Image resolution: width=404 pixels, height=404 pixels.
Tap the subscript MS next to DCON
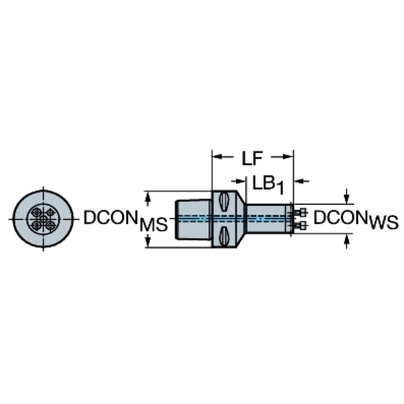point(154,224)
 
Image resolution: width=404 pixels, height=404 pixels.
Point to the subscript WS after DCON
point(383,223)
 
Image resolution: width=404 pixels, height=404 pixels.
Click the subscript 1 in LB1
point(280,188)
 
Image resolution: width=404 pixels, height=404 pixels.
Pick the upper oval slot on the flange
point(224,202)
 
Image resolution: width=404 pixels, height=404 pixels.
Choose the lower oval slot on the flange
point(224,236)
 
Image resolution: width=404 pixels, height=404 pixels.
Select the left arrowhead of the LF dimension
point(216,156)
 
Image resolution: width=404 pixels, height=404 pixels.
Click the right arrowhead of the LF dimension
point(288,156)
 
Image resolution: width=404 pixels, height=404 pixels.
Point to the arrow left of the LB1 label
point(238,181)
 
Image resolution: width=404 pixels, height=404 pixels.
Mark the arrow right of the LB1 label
point(301,181)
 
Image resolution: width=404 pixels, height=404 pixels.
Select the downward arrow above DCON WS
point(347,196)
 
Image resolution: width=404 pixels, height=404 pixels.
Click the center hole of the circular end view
point(43,219)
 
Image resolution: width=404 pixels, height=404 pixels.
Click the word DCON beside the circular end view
point(110,217)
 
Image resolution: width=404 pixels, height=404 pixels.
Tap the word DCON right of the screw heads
point(341,217)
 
